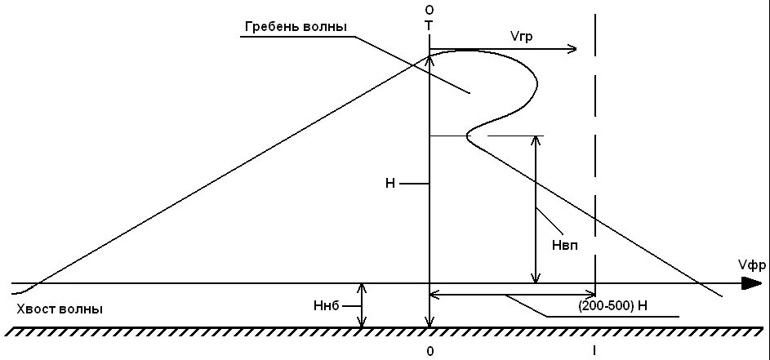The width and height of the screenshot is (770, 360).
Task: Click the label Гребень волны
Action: (296, 27)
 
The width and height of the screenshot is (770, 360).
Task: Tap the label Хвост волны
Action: (60, 309)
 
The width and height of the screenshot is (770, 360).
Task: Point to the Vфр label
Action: (750, 264)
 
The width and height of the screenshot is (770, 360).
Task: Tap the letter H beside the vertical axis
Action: (390, 184)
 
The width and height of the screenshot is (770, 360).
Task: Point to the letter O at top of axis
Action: (429, 9)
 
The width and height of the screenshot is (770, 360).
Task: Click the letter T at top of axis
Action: (429, 25)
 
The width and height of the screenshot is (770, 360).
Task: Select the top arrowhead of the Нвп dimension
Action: (536, 140)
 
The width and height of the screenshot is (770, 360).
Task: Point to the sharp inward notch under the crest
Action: (466, 136)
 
